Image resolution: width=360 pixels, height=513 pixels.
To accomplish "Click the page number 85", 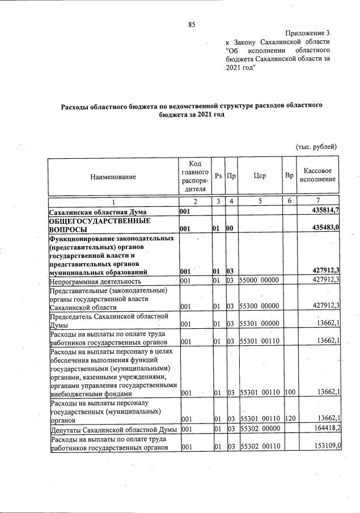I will tap(192, 24).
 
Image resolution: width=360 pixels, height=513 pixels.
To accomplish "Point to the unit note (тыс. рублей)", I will tap(316, 146).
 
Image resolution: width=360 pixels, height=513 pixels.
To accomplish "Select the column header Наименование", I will tap(113, 177).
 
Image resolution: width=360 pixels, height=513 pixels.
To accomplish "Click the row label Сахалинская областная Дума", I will tap(98, 211).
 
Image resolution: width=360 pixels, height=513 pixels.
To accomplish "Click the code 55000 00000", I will tap(259, 280).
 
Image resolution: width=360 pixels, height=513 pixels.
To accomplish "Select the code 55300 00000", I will tap(259, 307).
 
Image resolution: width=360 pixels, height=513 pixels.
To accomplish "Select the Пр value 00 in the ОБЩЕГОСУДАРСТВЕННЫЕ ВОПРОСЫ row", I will tap(231, 229).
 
